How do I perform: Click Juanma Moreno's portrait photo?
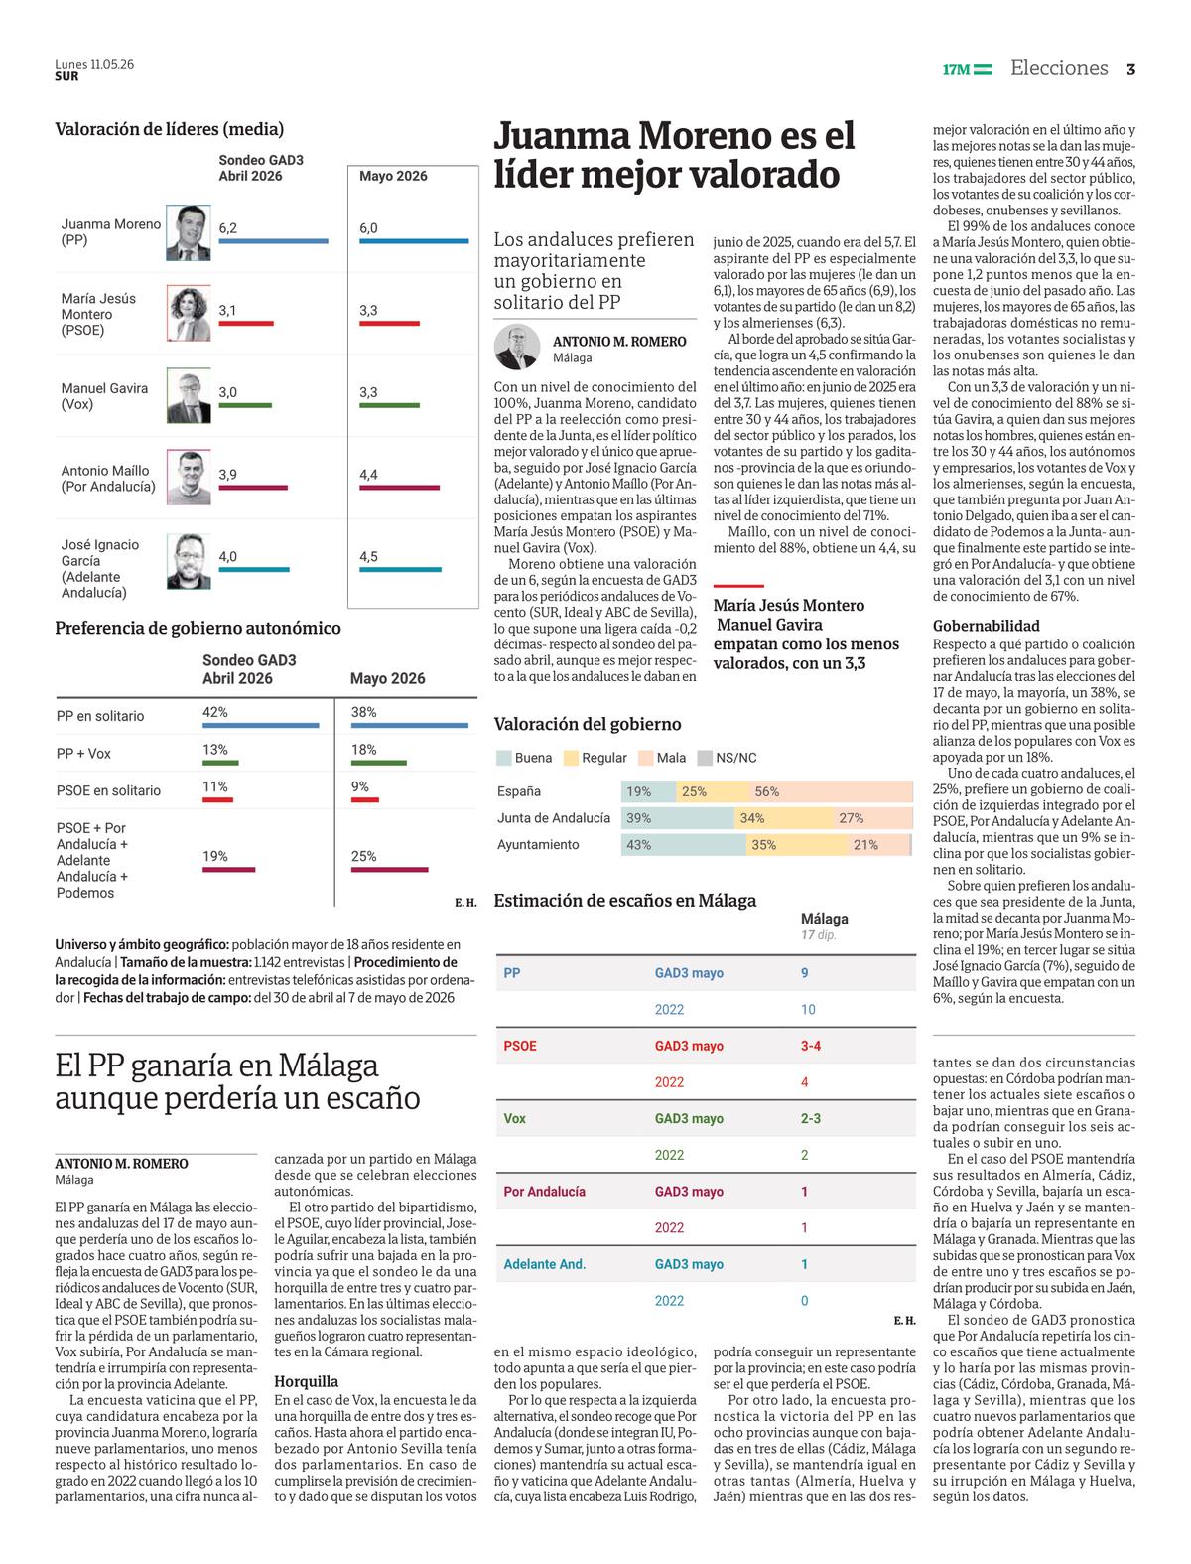coord(189,232)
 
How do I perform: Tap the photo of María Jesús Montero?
coord(189,313)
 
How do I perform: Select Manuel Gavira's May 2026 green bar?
coord(389,405)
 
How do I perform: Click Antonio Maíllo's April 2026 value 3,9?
coord(228,475)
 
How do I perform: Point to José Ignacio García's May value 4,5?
coord(369,556)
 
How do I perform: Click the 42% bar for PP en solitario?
coord(261,725)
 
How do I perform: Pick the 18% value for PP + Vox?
coord(364,750)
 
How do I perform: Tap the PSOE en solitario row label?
coord(108,790)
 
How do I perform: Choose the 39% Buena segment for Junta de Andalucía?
coord(678,818)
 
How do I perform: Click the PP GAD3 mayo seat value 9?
coord(805,973)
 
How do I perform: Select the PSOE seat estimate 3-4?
coord(811,1046)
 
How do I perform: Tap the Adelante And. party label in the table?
coord(545,1264)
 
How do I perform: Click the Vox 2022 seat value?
coord(805,1155)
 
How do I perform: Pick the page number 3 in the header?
coord(1130,70)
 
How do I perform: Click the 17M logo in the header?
coord(967,70)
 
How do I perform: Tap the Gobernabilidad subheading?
coord(986,626)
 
